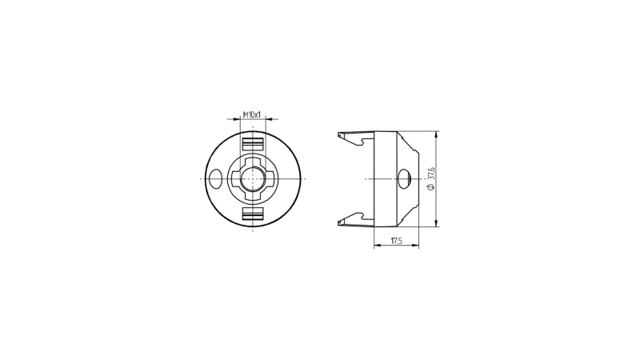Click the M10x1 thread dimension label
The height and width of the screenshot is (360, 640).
coord(252,114)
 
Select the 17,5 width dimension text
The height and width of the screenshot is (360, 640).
coord(396,241)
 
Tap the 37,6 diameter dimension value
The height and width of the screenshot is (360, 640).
coord(432,173)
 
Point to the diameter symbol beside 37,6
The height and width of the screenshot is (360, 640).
coord(432,186)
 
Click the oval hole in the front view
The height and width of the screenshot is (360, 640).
coord(214,178)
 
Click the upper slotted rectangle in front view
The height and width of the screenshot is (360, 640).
coord(253,144)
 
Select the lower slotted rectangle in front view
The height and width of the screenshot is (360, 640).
coord(253,214)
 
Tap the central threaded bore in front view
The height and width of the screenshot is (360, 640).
coord(253,178)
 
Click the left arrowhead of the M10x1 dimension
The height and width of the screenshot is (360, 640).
coord(237,119)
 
